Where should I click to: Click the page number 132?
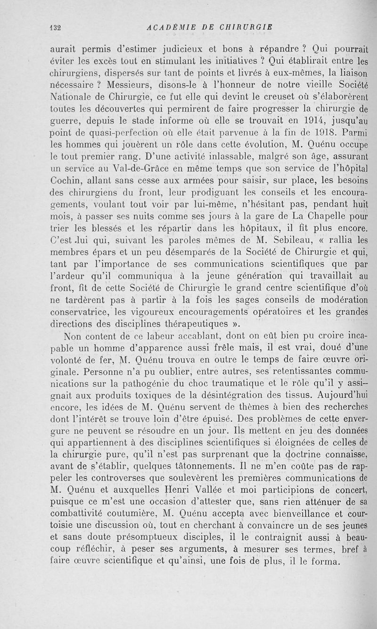coord(57,27)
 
